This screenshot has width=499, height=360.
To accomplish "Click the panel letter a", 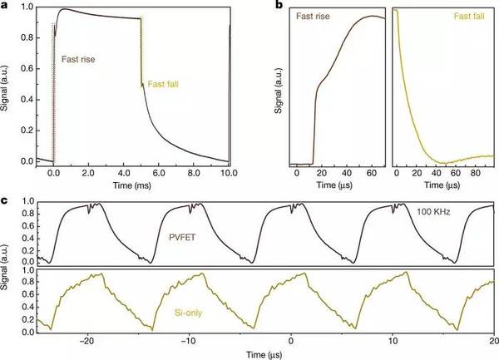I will (x=7, y=5).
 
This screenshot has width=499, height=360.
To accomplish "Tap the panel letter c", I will (x=6, y=200).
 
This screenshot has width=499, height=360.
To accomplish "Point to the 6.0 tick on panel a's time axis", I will (x=159, y=175).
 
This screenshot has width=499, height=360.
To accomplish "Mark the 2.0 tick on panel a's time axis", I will (x=89, y=175).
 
